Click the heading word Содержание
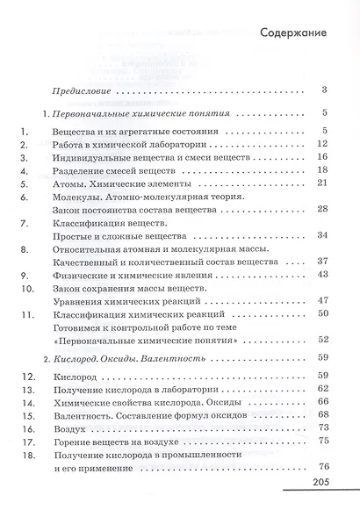click(294, 32)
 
